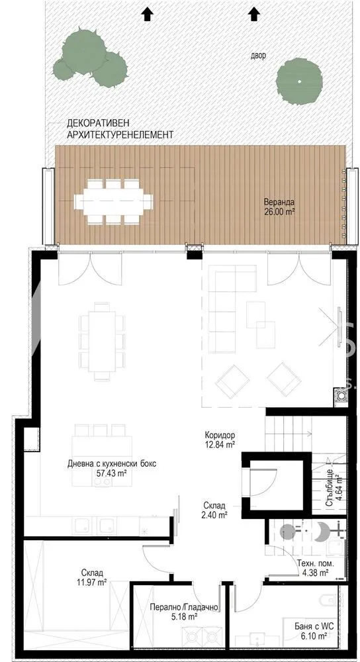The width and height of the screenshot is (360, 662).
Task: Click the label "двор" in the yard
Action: [x=258, y=56]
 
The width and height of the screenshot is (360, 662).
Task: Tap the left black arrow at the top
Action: [x=146, y=15]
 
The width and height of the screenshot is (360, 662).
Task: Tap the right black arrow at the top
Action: [x=253, y=15]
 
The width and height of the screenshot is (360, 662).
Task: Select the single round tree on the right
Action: [x=299, y=81]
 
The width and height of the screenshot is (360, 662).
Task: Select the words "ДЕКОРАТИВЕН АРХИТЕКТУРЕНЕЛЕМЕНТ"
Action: [x=120, y=129]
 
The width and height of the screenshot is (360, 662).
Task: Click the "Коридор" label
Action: [x=220, y=436]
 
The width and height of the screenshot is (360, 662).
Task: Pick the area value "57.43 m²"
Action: [x=112, y=473]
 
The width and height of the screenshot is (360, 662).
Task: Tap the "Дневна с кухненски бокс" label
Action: [x=112, y=463]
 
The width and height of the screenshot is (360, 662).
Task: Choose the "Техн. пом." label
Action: [x=316, y=563]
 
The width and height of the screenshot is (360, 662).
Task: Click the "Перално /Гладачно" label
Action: [x=184, y=608]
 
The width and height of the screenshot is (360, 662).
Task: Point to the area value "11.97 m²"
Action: [x=94, y=582]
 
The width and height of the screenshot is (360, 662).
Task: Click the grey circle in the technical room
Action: [x=288, y=532]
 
